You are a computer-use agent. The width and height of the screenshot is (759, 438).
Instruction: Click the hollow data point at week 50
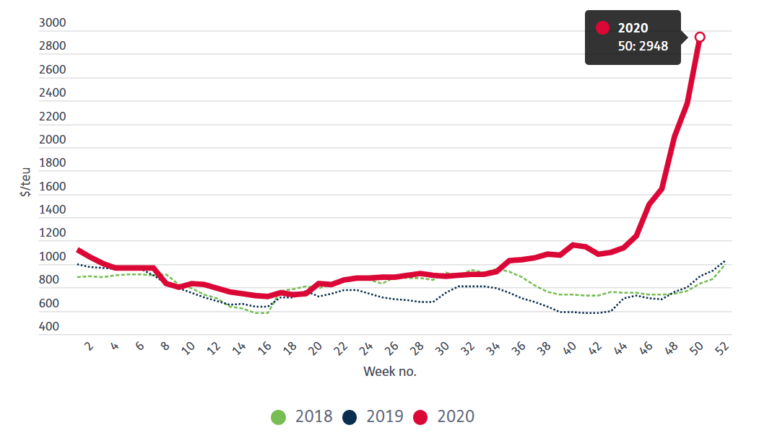(699, 37)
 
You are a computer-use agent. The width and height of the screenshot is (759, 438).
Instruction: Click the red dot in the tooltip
(603, 28)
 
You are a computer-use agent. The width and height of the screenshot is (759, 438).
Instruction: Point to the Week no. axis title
(389, 372)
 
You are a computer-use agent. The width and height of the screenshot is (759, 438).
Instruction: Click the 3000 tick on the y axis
(52, 23)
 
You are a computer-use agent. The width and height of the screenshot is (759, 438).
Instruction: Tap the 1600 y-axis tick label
(52, 187)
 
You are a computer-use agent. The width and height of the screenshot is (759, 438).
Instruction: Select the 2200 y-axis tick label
(52, 117)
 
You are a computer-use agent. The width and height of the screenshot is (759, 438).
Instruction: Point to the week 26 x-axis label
(392, 349)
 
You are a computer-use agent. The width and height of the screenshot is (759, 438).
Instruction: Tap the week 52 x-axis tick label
(722, 349)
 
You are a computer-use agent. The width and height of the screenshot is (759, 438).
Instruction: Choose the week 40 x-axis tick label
(570, 349)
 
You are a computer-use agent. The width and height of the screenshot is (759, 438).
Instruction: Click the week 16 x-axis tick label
(265, 349)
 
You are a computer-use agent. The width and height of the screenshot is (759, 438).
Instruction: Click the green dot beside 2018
(279, 417)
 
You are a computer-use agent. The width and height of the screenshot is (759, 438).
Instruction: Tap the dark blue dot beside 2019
(350, 417)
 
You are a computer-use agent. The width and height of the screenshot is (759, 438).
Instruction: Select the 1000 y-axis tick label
(52, 257)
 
